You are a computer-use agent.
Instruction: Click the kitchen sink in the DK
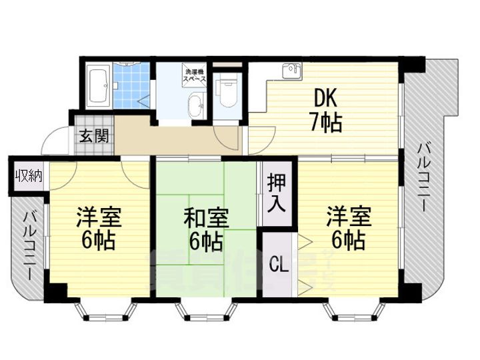[x=291, y=71]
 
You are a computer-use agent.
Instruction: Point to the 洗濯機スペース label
[x=195, y=75]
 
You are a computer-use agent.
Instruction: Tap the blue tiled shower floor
[x=131, y=87]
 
